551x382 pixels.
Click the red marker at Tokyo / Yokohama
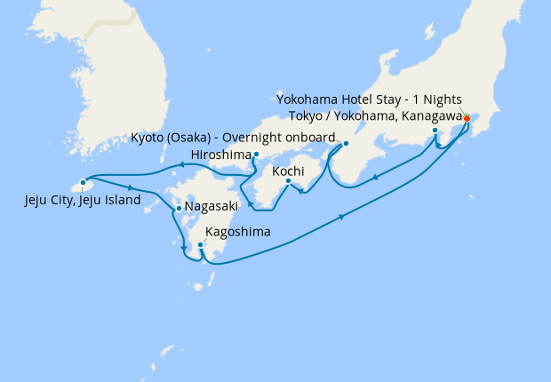coord(467,118)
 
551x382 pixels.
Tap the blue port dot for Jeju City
coord(83,184)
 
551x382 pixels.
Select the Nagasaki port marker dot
coord(179,209)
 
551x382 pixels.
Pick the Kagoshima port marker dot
coord(200,243)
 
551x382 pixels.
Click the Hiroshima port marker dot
coord(256,155)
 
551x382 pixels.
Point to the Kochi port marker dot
coord(288,182)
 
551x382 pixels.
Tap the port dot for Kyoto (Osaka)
coord(346,143)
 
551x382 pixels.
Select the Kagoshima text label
coord(237,234)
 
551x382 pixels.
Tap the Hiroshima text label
coord(217,155)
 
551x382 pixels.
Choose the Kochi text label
coord(290,171)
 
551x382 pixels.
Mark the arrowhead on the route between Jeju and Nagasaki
coord(132,188)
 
